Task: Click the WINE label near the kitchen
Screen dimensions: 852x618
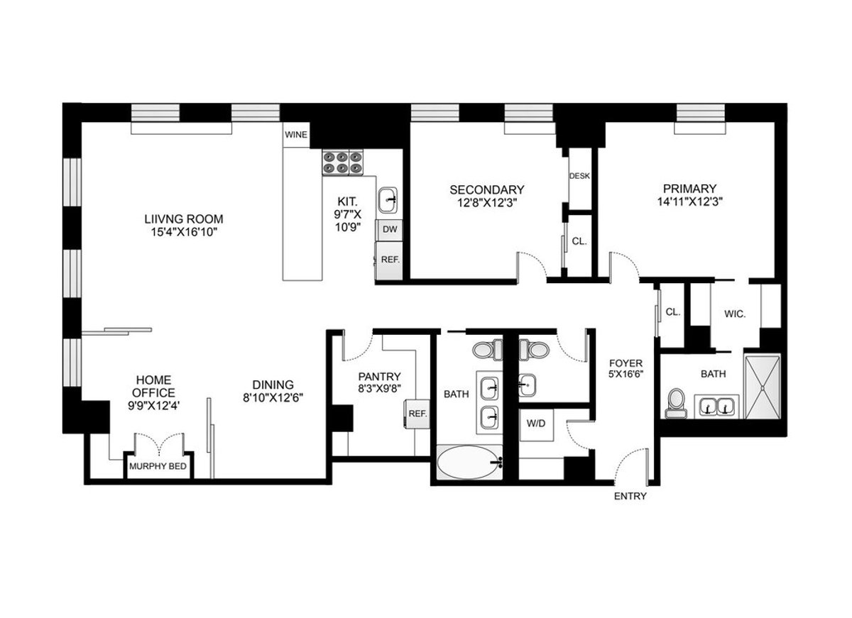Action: (x=296, y=135)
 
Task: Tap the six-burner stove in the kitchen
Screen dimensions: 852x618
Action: (x=343, y=162)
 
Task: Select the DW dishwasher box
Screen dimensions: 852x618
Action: (x=390, y=229)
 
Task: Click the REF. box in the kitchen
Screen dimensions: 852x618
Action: (x=390, y=260)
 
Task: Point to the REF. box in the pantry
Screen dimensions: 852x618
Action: (x=417, y=414)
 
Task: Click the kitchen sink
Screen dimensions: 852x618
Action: (x=388, y=200)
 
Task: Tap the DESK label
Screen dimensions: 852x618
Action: (x=579, y=176)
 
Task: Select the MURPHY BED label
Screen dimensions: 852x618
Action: (x=158, y=466)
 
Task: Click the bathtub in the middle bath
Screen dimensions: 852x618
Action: (x=469, y=463)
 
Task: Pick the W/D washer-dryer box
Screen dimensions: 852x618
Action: (x=536, y=424)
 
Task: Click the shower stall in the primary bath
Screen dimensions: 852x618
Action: (x=763, y=387)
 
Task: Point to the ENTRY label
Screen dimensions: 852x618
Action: (x=630, y=496)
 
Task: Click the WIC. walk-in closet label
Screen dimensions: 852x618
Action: (x=734, y=314)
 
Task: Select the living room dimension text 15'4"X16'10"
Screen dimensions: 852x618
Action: (x=184, y=232)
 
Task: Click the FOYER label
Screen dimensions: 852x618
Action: (x=626, y=363)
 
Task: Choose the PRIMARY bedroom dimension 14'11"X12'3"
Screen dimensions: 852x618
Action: (x=689, y=202)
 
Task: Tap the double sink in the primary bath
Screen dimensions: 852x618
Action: (x=716, y=407)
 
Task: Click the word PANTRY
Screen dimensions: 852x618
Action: (x=379, y=377)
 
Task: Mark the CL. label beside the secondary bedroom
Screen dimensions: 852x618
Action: (x=579, y=241)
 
